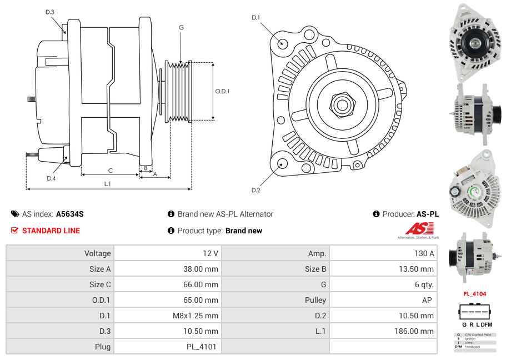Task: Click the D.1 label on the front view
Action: (255, 18)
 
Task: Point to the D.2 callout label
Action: (255, 191)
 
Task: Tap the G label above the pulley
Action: (181, 27)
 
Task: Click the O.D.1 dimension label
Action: (222, 92)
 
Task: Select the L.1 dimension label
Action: (108, 183)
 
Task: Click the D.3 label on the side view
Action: (50, 12)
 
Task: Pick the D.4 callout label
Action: (51, 178)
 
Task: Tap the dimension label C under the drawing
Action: (111, 171)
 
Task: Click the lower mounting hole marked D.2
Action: (282, 163)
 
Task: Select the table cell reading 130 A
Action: (424, 253)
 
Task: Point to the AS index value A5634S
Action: (70, 214)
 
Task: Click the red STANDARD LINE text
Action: (51, 231)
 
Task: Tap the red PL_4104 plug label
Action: (475, 294)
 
